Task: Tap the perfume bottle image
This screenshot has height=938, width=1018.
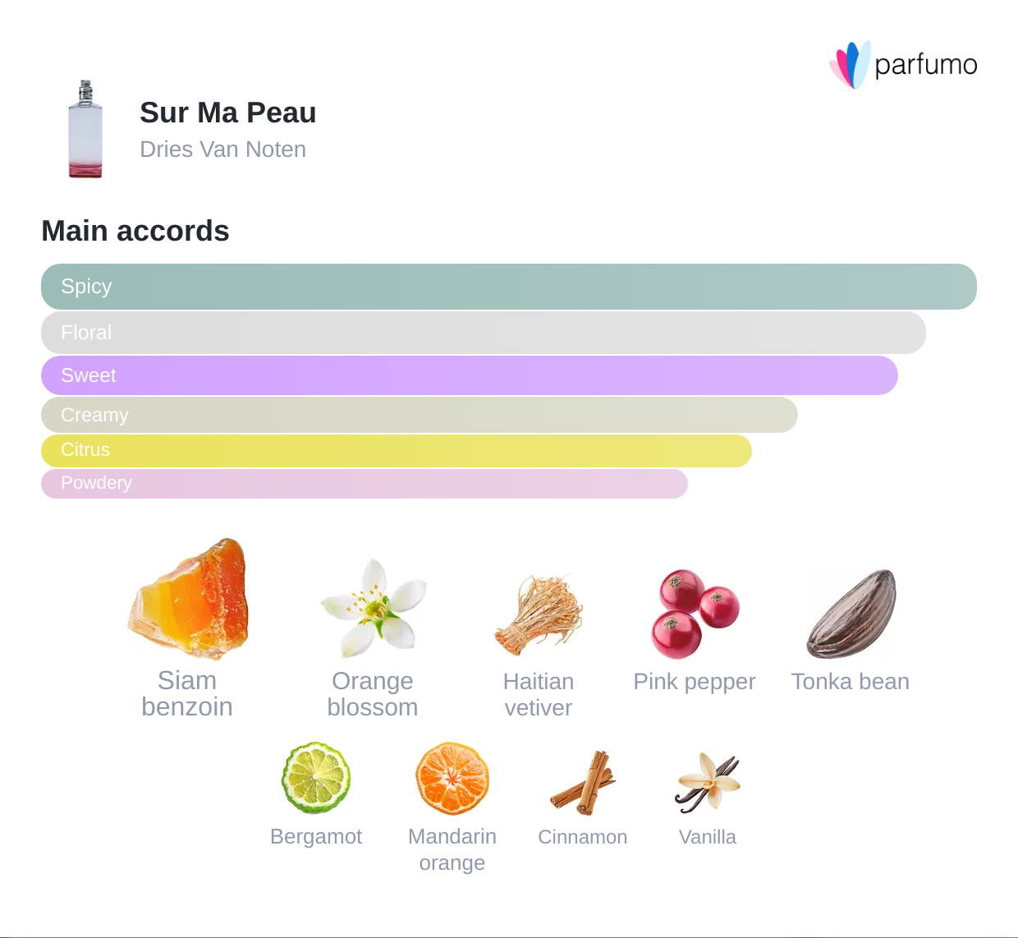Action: click(85, 130)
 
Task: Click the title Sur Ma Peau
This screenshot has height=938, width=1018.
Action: click(227, 113)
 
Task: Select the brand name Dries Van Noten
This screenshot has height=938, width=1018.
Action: click(222, 149)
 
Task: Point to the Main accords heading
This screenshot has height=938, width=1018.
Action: click(135, 231)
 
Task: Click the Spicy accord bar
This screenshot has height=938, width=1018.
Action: click(508, 287)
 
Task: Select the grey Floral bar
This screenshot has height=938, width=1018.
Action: click(483, 333)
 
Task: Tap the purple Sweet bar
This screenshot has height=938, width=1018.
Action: click(469, 375)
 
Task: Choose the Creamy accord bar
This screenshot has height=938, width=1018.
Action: click(419, 415)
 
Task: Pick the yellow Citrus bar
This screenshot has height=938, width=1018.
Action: click(396, 450)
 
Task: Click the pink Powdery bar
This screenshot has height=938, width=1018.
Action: click(364, 483)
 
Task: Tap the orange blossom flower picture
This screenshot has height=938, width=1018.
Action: click(374, 608)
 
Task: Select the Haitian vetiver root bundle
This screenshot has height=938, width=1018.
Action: click(539, 614)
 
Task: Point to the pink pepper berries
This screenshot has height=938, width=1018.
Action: click(695, 614)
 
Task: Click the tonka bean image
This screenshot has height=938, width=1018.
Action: click(851, 614)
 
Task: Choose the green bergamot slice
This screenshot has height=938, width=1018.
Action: click(316, 778)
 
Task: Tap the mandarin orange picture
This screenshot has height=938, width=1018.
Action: click(452, 778)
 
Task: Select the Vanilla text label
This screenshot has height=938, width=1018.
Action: click(707, 837)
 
